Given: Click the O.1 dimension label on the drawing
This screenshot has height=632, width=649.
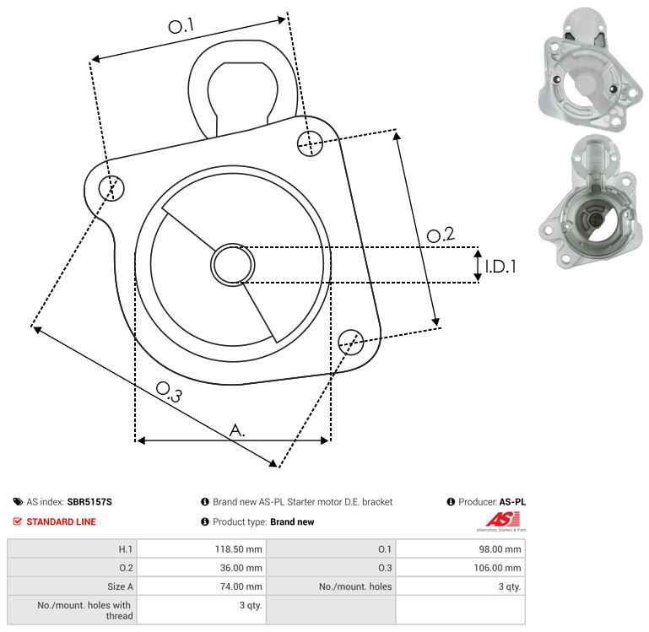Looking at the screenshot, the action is pos(181,26).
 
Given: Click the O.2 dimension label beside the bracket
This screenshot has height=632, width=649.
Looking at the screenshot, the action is pos(441,235).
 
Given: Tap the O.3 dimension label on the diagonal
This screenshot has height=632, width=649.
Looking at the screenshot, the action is pos(169,392).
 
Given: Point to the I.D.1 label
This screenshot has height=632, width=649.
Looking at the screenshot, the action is pos(500,267).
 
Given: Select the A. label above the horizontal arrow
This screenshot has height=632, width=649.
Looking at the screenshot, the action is pos(237,430).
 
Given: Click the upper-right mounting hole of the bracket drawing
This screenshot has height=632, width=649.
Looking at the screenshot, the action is pos(310,143).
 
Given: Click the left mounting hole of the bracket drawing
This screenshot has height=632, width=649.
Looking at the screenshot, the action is pos(111,188).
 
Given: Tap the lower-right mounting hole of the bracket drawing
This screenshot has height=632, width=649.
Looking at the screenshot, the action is pos(351,343).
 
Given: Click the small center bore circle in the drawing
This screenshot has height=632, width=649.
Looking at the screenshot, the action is pos(233,265).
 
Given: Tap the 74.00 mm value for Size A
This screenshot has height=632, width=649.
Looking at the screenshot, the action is pos(241,586).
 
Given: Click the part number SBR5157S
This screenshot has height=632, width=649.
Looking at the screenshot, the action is pos(89,502).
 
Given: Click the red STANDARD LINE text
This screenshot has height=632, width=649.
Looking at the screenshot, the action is pos(62,522).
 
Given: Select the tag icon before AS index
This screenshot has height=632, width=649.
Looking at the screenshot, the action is pos(18,502).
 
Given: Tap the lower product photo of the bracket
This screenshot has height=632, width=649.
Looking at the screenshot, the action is pos(587,203).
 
